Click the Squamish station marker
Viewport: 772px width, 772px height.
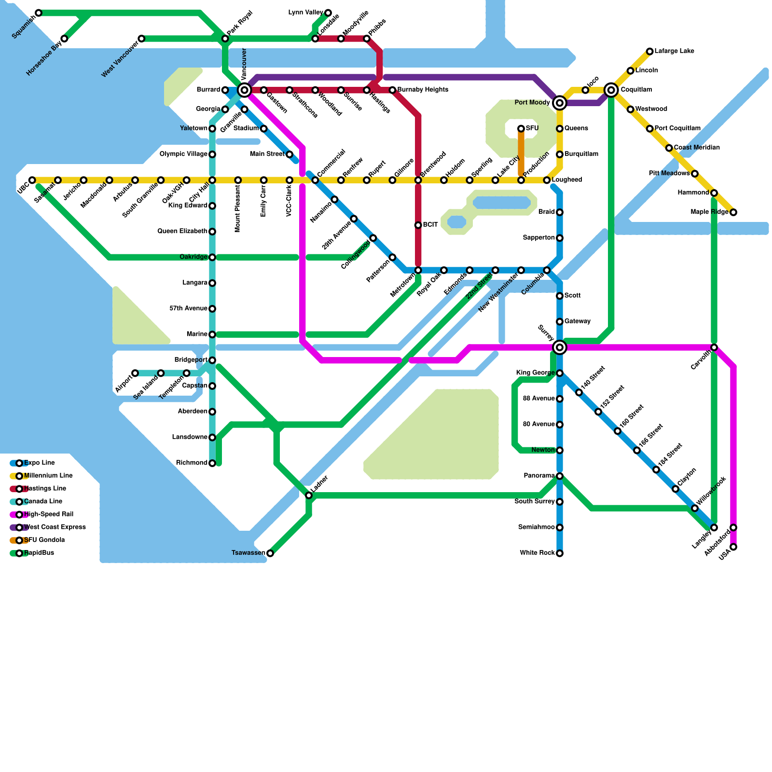(x=39, y=13)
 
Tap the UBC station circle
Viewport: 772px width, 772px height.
(x=32, y=180)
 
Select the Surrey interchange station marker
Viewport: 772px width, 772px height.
(x=560, y=347)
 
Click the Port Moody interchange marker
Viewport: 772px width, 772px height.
(x=560, y=103)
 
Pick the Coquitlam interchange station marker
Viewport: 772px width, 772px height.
(x=611, y=90)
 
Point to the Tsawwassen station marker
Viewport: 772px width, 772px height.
(x=270, y=553)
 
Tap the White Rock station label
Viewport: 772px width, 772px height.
(x=537, y=553)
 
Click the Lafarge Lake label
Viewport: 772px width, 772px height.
(x=674, y=51)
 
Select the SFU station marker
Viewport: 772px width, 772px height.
(x=521, y=128)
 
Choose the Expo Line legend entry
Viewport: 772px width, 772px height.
(x=39, y=463)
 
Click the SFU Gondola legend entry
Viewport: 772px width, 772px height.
(x=44, y=540)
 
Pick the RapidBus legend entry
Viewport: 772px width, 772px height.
(x=39, y=553)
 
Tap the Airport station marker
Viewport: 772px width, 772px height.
(x=135, y=373)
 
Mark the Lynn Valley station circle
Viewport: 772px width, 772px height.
(x=328, y=13)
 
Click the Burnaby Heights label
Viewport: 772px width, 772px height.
(x=423, y=90)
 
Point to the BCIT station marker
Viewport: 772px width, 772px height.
(x=418, y=225)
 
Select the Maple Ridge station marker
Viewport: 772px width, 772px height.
(x=733, y=212)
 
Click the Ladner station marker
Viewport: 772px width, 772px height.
(x=309, y=496)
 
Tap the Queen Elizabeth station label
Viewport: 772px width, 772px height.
(x=182, y=232)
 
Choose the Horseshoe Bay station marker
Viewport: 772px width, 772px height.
(x=64, y=39)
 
